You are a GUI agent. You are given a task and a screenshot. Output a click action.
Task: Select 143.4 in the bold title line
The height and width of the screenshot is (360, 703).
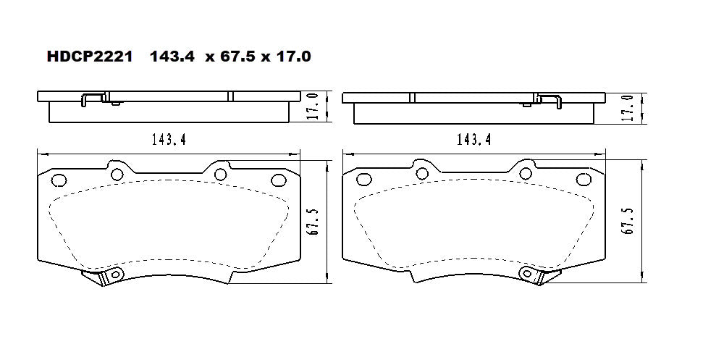[x=172, y=56]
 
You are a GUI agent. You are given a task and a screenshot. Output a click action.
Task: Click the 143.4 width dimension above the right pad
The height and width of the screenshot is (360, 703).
[x=474, y=141]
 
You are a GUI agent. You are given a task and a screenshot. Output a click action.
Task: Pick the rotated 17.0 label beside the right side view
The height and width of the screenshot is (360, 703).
[x=629, y=107]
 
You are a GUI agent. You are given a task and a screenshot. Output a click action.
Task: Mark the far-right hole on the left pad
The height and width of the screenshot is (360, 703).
[x=277, y=180]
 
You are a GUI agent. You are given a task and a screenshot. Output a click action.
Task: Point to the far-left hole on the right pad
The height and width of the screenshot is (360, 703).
[x=364, y=180]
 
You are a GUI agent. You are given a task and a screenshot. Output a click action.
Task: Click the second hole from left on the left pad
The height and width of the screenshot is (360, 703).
[x=116, y=173]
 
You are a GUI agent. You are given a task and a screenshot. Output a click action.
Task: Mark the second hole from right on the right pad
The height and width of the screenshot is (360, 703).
[x=525, y=173]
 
